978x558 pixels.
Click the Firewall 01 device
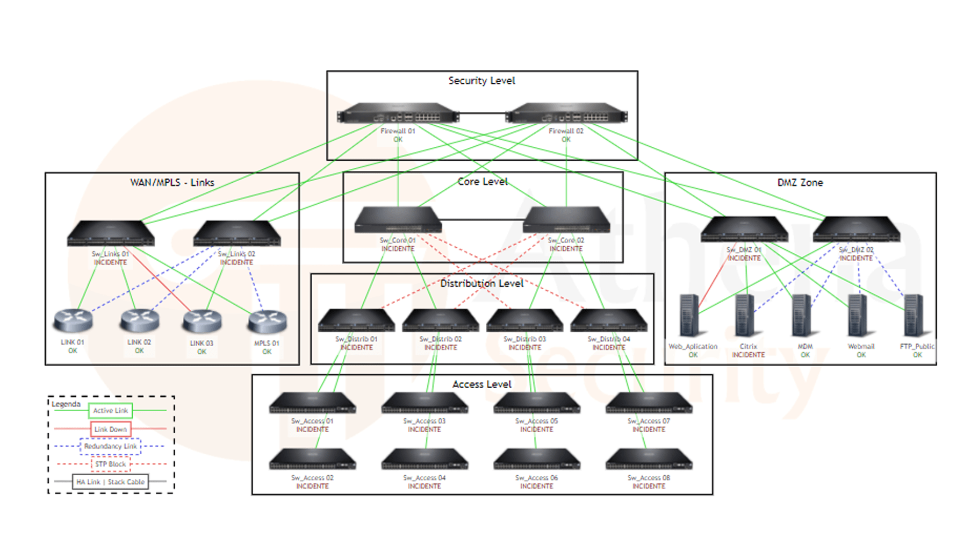398,114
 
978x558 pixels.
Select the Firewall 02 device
566,114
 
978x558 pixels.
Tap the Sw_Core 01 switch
398,220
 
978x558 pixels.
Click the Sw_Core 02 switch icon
566,220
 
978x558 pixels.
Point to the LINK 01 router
73,320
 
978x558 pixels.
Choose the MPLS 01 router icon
267,321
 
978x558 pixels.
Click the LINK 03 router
202,321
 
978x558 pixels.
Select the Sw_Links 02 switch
237,234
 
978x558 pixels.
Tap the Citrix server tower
745,316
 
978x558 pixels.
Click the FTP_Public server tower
914,316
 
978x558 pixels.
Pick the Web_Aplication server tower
689,316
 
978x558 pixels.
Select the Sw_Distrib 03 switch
524,320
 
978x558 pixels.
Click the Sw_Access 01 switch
312,403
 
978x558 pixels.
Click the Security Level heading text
481,81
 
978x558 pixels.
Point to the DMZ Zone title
800,183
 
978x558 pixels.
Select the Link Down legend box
111,429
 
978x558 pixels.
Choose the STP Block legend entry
111,464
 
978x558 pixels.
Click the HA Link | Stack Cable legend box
111,482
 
